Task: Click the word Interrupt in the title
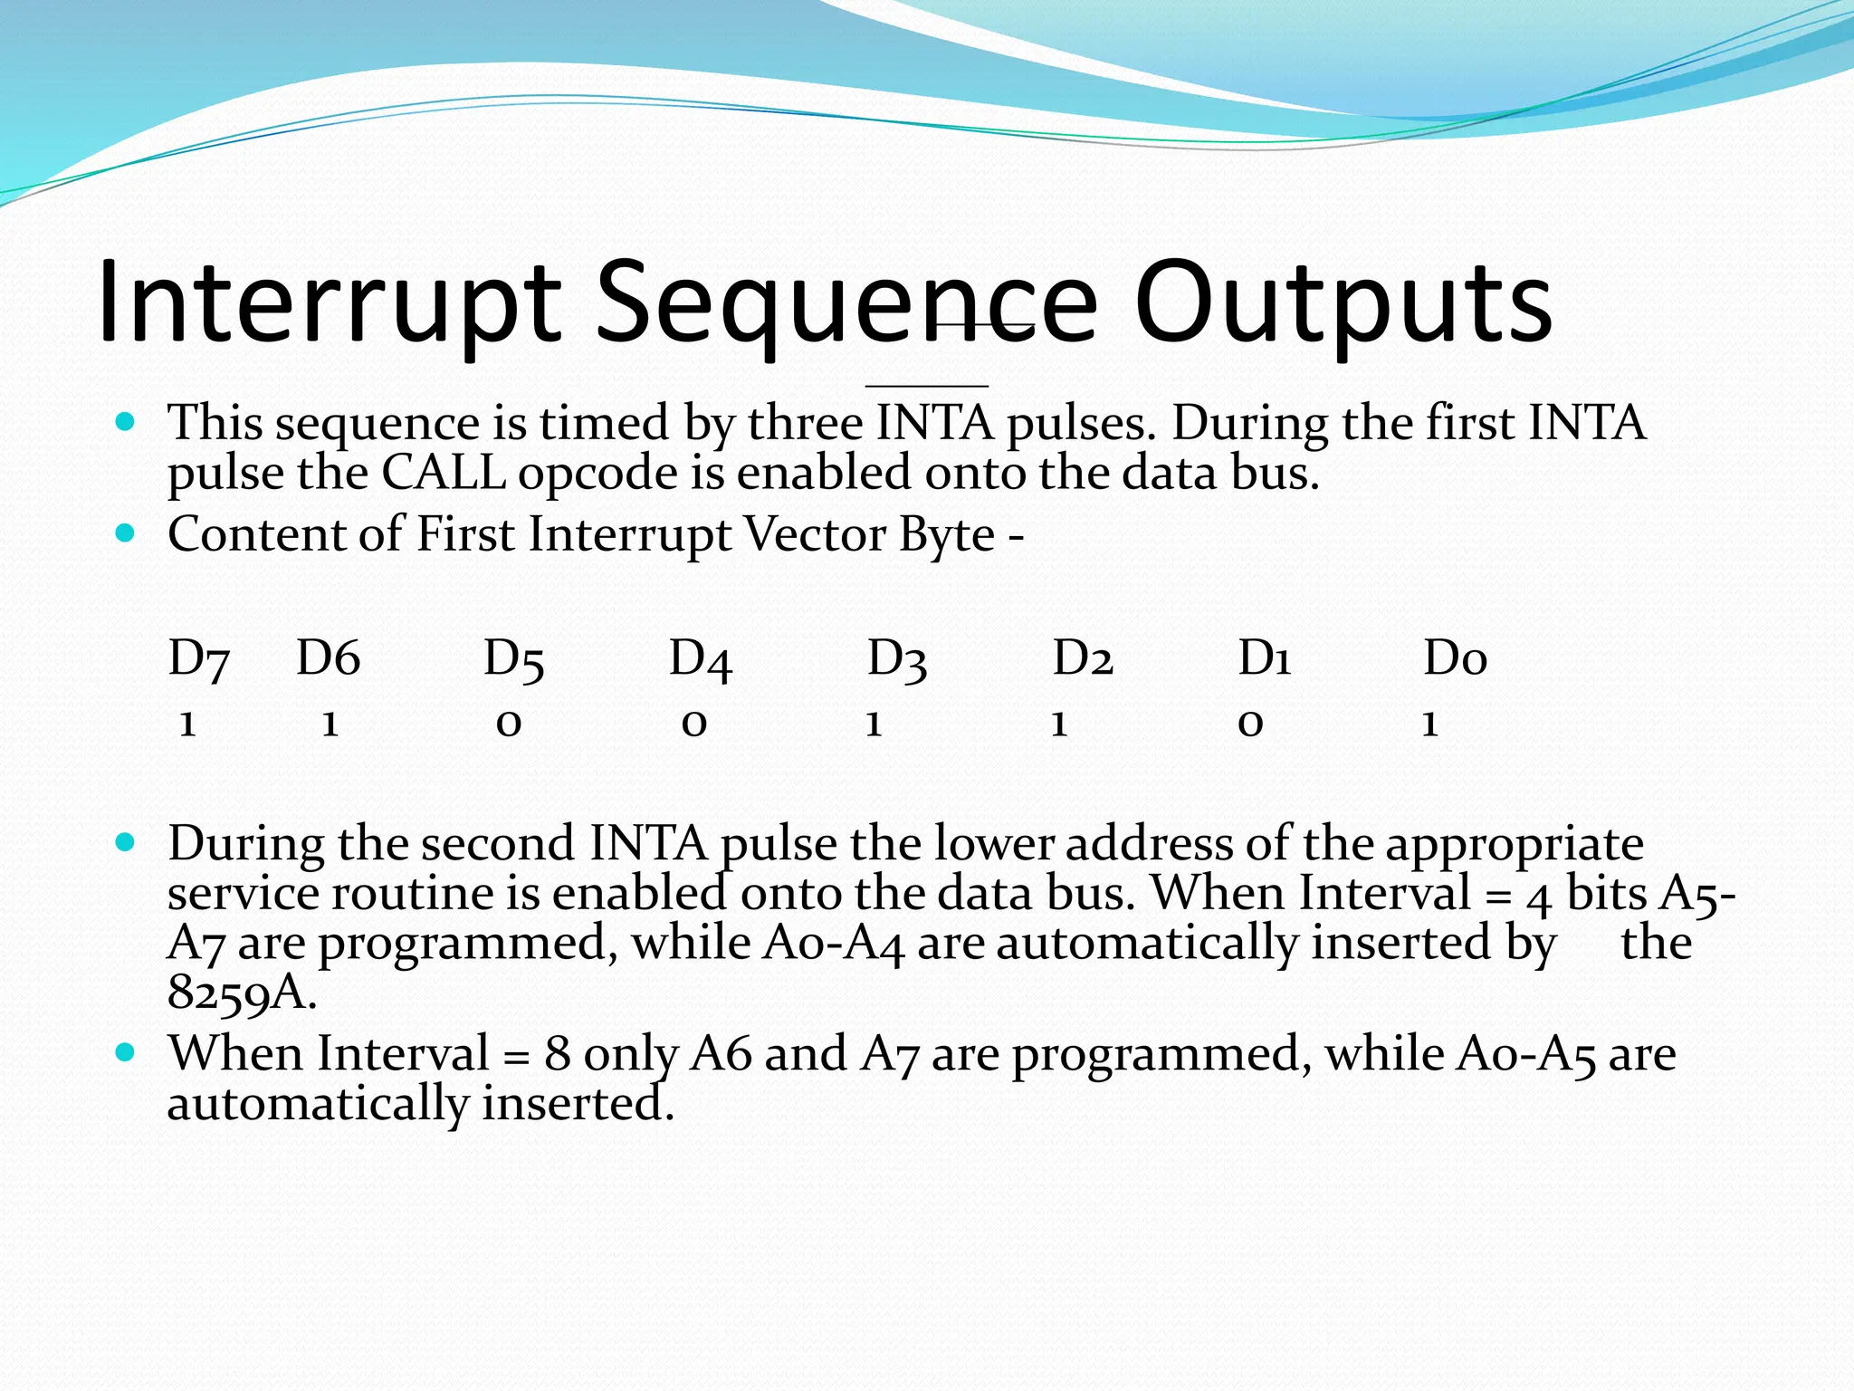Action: [x=328, y=303]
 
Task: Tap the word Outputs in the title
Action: [x=1343, y=303]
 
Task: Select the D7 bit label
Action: [x=199, y=659]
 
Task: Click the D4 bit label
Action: [x=700, y=659]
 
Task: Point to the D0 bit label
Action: [x=1455, y=659]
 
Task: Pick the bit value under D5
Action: [x=509, y=724]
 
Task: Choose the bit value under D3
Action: [x=874, y=724]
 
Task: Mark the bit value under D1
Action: [x=1250, y=724]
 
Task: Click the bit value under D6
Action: [x=330, y=724]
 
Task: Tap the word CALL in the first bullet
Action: [x=443, y=473]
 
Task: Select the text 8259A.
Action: [x=242, y=993]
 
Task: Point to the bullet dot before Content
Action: [x=126, y=533]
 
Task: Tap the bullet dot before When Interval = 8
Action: [x=126, y=1052]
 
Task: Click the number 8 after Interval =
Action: [x=557, y=1054]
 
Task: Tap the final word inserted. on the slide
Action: [x=578, y=1104]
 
